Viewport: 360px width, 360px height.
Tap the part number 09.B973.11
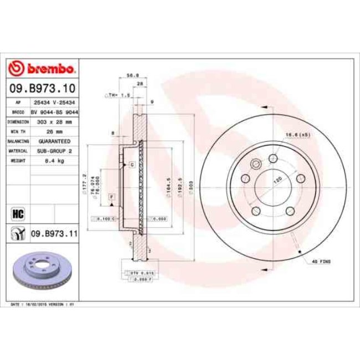click(x=53, y=234)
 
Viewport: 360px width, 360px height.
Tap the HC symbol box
click(x=17, y=213)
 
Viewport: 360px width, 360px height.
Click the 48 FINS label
click(x=321, y=260)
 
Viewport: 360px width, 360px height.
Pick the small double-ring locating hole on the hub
click(x=256, y=164)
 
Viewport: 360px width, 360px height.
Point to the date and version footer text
click(x=47, y=305)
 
